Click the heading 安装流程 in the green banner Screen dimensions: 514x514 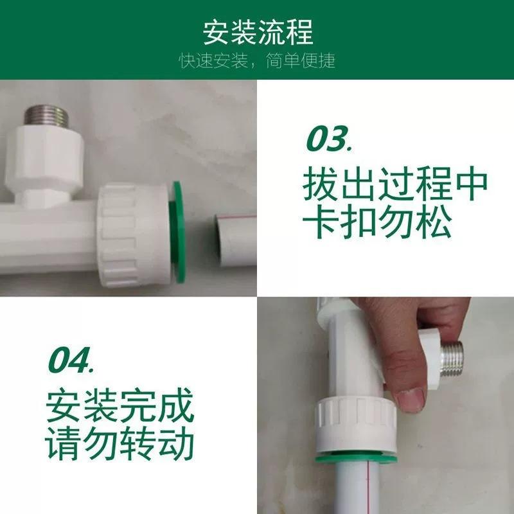click(258, 32)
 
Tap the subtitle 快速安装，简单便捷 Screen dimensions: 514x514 click(258, 60)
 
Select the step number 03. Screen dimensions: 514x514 click(329, 139)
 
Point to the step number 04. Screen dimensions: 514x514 click(71, 360)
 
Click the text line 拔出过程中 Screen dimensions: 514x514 click(395, 184)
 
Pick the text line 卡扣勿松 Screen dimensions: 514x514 click(377, 221)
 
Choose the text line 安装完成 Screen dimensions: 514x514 click(120, 405)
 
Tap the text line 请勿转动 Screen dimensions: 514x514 click(120, 443)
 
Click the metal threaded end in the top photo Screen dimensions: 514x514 click(46, 116)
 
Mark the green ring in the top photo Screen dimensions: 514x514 click(178, 232)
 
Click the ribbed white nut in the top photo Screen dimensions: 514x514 click(134, 235)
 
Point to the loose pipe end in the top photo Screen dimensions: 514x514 click(235, 240)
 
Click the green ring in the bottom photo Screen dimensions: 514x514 click(356, 457)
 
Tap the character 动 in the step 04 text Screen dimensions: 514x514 click(177, 443)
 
